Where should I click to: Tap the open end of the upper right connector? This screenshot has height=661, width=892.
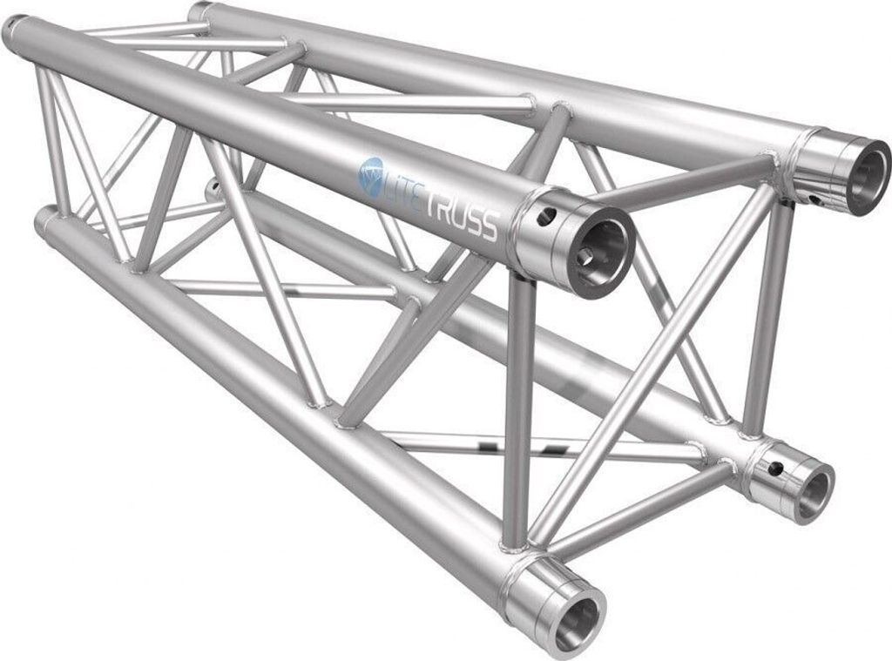click(x=859, y=178)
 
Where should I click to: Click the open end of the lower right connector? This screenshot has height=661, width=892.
click(x=813, y=491)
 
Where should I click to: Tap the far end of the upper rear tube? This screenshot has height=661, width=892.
click(x=198, y=10)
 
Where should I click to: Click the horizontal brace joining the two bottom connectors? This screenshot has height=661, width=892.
click(x=645, y=514)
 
